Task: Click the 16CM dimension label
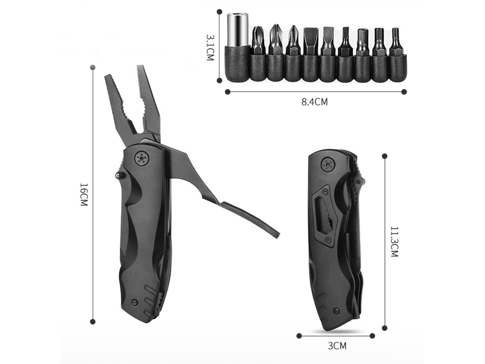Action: coord(84,195)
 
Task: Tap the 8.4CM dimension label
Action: coord(314,101)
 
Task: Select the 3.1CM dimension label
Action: coord(210,47)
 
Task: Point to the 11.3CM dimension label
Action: coord(394,242)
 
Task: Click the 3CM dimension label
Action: coord(337,346)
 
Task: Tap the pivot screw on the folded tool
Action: coord(328,165)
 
